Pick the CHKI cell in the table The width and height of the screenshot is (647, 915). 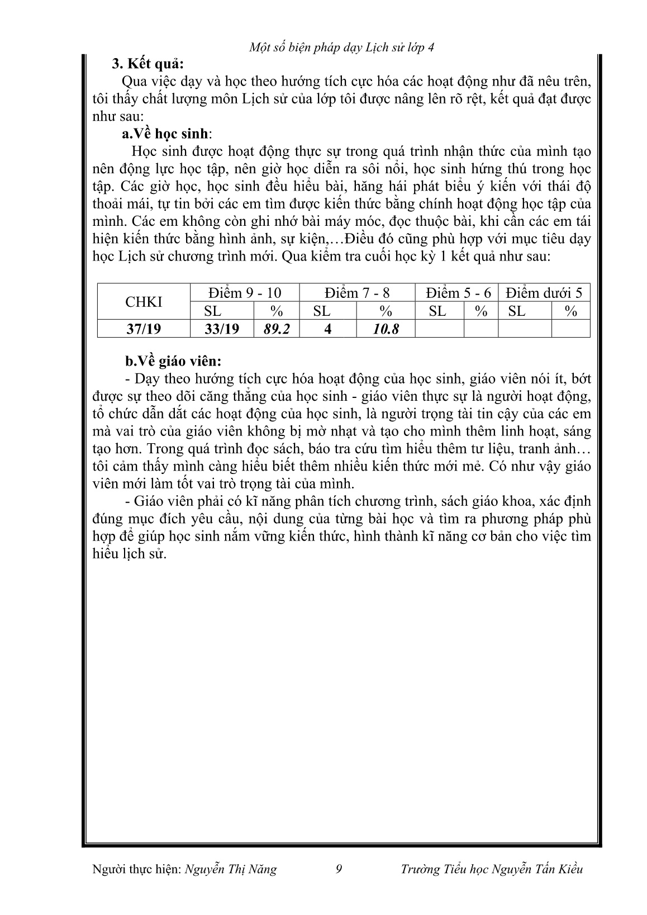tap(144, 302)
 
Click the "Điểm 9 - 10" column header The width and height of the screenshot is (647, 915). tap(245, 293)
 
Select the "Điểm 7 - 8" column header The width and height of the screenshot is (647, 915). tap(357, 293)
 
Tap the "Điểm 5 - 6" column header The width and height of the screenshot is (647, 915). tap(458, 293)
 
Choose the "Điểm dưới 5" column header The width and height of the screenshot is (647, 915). tap(544, 293)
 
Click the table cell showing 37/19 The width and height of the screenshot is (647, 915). tap(144, 329)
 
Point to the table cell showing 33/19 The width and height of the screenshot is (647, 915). tap(222, 329)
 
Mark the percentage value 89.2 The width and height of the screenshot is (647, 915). tap(277, 329)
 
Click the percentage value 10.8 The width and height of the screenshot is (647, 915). tap(386, 329)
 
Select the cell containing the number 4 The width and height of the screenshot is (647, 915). tap(328, 329)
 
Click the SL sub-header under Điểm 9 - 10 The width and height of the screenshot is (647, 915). tap(213, 311)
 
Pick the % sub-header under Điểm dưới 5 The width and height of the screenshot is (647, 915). tap(570, 311)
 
